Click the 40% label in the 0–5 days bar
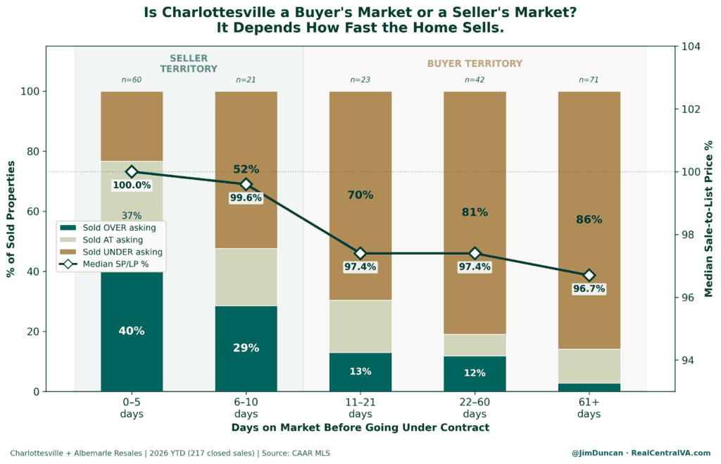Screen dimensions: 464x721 coord(132,331)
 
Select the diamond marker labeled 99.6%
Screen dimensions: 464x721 coord(246,185)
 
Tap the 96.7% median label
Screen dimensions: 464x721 coord(589,289)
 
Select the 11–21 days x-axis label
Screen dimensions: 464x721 coord(360,408)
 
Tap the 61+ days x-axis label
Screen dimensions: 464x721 coord(589,408)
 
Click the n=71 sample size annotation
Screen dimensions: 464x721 coord(589,80)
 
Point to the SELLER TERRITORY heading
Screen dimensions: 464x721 coord(189,63)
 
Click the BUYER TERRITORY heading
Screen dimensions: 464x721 coord(475,63)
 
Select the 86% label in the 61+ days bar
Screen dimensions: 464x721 coord(589,219)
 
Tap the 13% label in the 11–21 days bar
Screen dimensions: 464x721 coord(360,372)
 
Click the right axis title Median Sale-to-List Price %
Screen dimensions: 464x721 coord(708,219)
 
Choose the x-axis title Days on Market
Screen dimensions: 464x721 coord(360,427)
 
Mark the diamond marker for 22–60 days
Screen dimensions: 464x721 coord(475,253)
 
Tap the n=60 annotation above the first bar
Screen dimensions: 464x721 coord(132,80)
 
